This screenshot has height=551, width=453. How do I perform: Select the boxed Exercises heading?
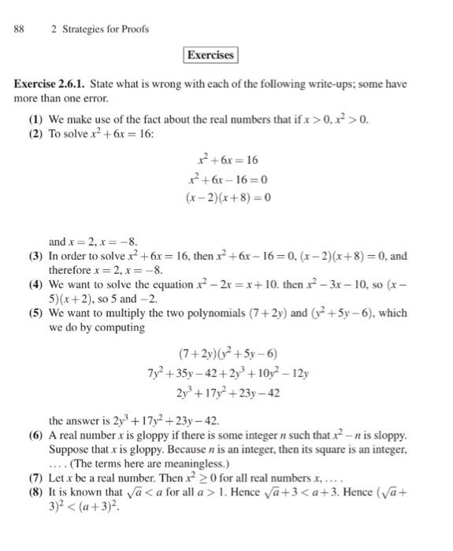[x=210, y=55]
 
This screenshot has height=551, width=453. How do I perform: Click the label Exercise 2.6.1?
[x=50, y=87]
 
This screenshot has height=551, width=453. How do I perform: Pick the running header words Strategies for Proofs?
[x=99, y=29]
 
